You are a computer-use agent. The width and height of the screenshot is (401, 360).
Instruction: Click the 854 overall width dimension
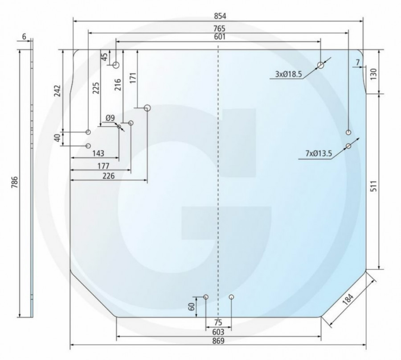220,16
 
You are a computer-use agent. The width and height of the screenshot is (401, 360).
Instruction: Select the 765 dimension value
219,29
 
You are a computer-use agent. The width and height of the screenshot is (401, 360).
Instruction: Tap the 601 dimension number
220,37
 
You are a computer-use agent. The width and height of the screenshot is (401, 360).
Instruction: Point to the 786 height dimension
15,182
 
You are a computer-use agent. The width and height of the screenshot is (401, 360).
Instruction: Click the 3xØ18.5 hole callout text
288,74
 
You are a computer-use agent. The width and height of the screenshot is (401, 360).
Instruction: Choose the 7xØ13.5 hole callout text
319,153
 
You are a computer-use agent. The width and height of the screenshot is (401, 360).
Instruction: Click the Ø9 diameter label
110,118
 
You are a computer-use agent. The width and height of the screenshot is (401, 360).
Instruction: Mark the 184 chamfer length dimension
348,299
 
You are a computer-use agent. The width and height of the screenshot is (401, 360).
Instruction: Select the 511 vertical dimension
374,186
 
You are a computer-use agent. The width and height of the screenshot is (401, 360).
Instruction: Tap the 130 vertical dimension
373,74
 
